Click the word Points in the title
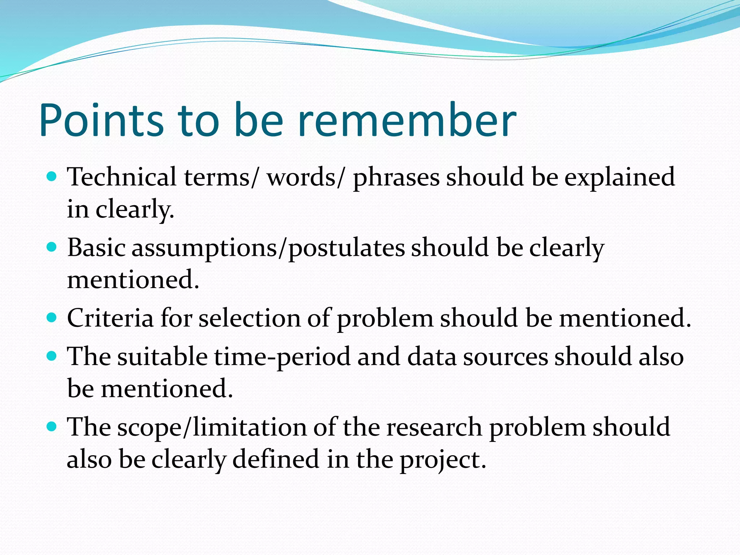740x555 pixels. point(102,120)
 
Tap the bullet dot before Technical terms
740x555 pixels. point(52,177)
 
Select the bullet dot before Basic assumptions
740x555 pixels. point(52,247)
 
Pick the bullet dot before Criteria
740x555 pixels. point(52,318)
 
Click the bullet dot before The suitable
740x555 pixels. point(52,356)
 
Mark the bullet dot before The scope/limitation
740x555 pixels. point(52,427)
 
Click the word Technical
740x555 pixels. point(122,177)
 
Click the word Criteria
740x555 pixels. point(110,318)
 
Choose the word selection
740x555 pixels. point(250,318)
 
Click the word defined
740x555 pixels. point(276,459)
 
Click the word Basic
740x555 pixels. point(96,248)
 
